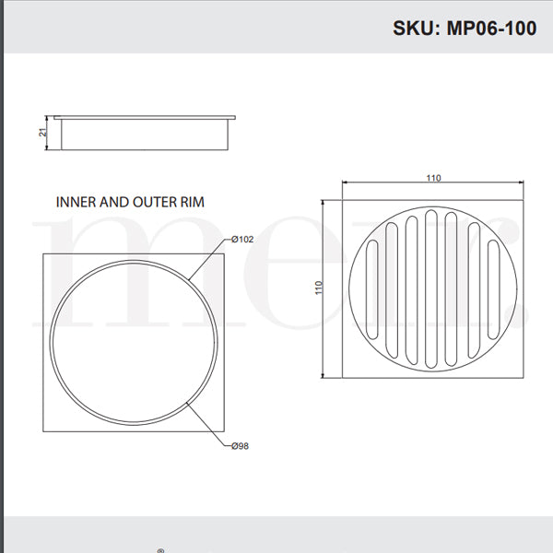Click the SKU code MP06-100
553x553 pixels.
tap(492, 28)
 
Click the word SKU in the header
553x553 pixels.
tap(415, 28)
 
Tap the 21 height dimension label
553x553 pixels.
tap(43, 133)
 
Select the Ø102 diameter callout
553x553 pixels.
tap(242, 240)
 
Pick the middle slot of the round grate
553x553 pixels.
tap(432, 288)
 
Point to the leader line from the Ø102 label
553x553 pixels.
tap(207, 259)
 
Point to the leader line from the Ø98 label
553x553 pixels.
tap(207, 423)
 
